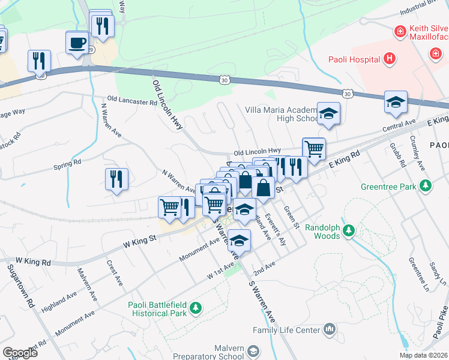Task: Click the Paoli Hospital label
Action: (x=354, y=59)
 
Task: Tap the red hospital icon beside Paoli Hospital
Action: (x=390, y=58)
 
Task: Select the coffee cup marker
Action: (x=76, y=43)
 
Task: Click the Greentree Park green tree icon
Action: (x=426, y=186)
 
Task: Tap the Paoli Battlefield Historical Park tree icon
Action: (x=195, y=308)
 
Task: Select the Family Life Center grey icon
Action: (x=329, y=328)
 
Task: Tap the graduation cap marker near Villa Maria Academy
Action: (x=328, y=114)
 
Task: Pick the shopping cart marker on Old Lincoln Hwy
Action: (x=314, y=149)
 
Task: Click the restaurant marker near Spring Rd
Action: (x=116, y=179)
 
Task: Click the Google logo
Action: (x=20, y=353)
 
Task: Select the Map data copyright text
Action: (x=423, y=355)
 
